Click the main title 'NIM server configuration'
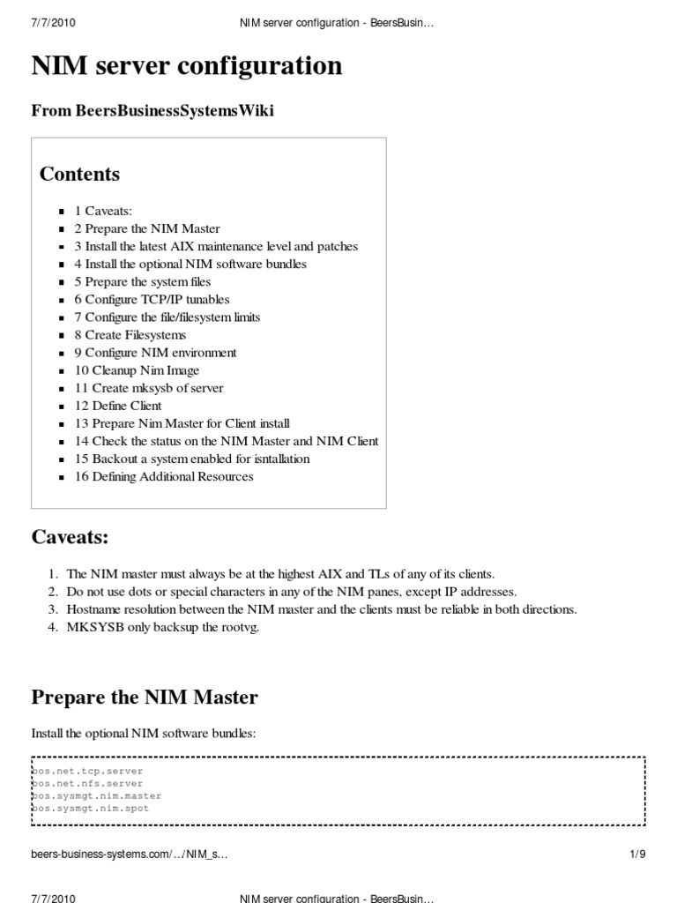pos(187,66)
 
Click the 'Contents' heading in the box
pos(79,174)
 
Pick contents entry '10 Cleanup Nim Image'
pos(137,370)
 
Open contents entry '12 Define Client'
pos(118,406)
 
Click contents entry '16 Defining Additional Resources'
pos(164,476)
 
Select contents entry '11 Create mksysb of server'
pos(149,388)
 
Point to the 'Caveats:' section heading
pos(70,537)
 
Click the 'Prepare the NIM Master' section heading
pos(145,698)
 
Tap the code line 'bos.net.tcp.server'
pos(87,771)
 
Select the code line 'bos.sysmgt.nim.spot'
pos(91,808)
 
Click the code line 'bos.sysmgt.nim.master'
pos(97,795)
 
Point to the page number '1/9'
pos(637,854)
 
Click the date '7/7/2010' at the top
pos(53,23)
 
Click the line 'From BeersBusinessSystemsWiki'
pos(159,110)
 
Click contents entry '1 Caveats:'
pos(103,212)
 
